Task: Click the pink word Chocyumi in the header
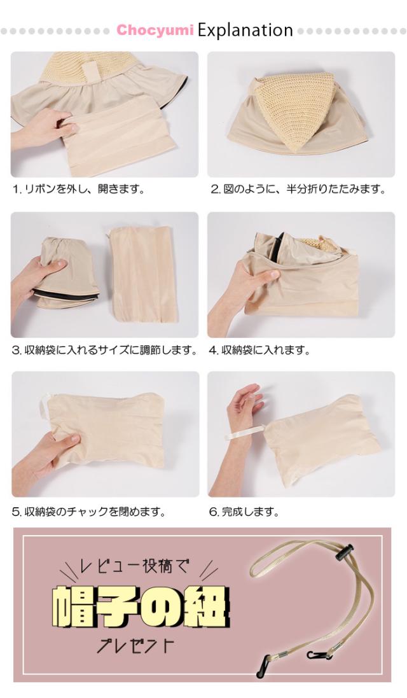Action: tap(155, 31)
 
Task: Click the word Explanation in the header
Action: tap(245, 31)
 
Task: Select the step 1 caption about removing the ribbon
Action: tap(79, 189)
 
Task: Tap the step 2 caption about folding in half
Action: tap(298, 189)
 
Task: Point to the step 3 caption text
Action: tap(104, 350)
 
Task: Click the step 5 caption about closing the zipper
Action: tap(89, 511)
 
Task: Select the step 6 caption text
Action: tap(244, 511)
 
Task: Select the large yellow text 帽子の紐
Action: tap(141, 604)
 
